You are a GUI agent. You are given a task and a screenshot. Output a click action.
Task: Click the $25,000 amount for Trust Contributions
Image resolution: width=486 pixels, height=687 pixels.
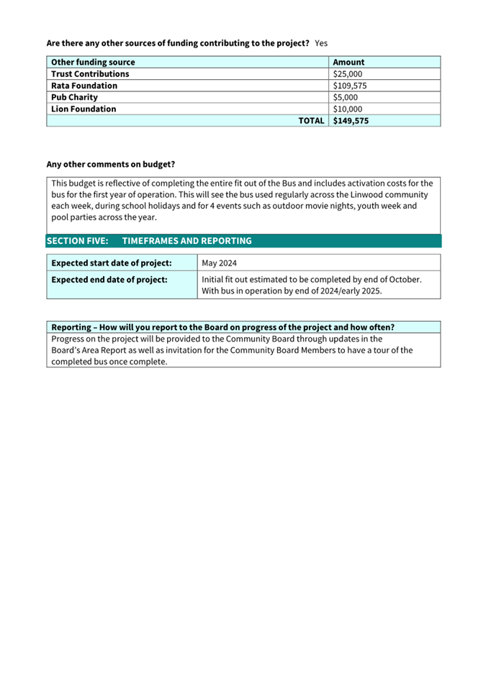pyautogui.click(x=347, y=74)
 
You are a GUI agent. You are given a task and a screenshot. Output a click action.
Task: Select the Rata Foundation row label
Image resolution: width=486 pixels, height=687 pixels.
pyautogui.click(x=84, y=86)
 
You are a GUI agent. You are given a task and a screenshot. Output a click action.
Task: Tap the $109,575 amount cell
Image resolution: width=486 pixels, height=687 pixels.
pyautogui.click(x=350, y=86)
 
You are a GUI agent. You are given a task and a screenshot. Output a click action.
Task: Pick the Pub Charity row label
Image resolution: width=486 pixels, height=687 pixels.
pyautogui.click(x=75, y=97)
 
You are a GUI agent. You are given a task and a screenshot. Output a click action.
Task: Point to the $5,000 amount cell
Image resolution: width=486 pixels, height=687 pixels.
pyautogui.click(x=345, y=97)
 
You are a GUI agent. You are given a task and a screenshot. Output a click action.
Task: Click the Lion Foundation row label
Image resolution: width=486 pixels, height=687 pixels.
pyautogui.click(x=84, y=109)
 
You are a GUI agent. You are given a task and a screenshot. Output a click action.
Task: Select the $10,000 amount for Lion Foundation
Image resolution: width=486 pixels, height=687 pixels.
pyautogui.click(x=347, y=109)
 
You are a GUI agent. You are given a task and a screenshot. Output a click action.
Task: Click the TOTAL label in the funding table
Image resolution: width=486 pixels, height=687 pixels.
pyautogui.click(x=311, y=121)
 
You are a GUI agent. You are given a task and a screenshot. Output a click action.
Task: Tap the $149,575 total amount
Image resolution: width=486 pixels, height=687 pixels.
pyautogui.click(x=351, y=121)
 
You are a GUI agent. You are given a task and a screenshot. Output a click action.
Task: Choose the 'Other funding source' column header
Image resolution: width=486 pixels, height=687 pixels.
pyautogui.click(x=93, y=63)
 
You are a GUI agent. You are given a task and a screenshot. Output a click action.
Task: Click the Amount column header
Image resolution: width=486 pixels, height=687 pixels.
pyautogui.click(x=348, y=63)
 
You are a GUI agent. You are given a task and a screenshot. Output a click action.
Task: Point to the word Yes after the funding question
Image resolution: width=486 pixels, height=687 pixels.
pyautogui.click(x=321, y=43)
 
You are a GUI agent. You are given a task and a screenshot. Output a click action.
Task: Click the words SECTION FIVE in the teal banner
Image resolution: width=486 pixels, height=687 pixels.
pyautogui.click(x=77, y=241)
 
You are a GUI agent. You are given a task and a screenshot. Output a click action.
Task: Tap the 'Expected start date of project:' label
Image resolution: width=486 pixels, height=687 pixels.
pyautogui.click(x=111, y=263)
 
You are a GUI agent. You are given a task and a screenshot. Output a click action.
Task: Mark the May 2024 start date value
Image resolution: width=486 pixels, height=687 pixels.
pyautogui.click(x=220, y=263)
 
